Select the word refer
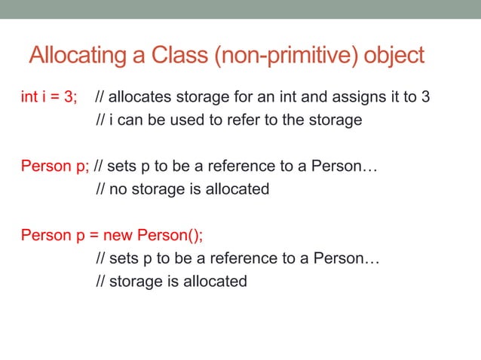[247, 120]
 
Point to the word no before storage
[118, 189]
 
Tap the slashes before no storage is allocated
[100, 189]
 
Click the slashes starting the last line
[100, 282]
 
